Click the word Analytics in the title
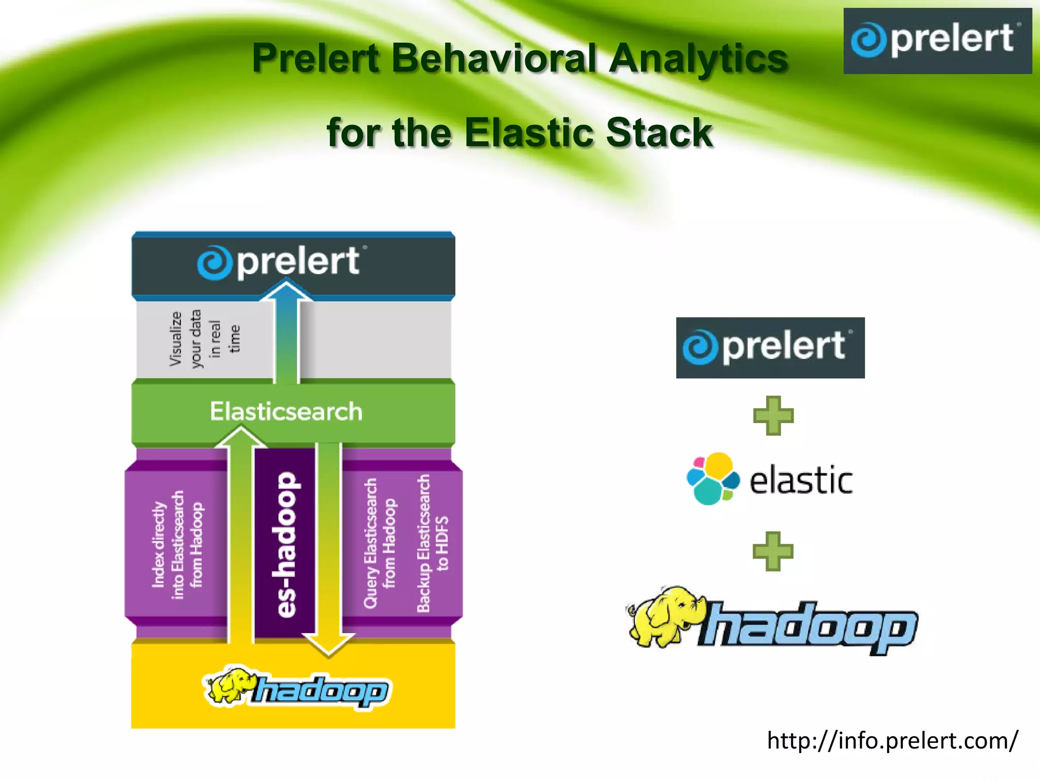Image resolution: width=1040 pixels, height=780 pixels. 698,58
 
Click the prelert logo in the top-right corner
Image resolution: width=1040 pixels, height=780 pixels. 937,41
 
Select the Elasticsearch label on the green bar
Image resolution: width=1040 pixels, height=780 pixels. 286,411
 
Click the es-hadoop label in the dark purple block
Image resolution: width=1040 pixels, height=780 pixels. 285,544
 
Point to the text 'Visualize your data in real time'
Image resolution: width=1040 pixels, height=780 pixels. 204,339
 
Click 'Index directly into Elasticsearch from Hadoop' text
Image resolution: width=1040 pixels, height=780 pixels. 177,544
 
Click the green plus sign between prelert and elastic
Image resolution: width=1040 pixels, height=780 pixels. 772,416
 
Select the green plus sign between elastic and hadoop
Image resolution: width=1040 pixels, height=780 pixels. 772,551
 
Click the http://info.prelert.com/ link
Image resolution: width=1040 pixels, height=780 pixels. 892,741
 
